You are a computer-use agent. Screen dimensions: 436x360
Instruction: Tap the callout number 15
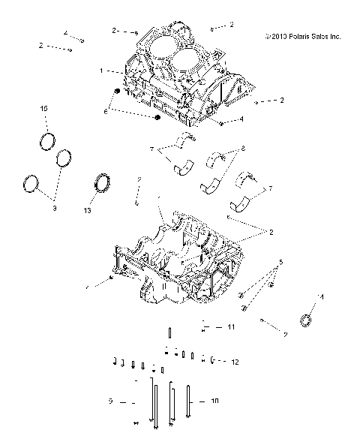coord(44,110)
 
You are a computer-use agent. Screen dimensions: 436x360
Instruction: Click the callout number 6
coord(106,111)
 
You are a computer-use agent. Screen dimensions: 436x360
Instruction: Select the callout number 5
coord(281,262)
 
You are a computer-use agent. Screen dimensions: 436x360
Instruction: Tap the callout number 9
coord(110,401)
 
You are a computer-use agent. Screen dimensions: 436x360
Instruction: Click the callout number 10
coord(215,401)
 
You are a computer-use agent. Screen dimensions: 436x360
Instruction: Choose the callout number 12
coord(235,362)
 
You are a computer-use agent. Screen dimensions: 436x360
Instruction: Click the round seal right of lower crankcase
coord(307,320)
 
